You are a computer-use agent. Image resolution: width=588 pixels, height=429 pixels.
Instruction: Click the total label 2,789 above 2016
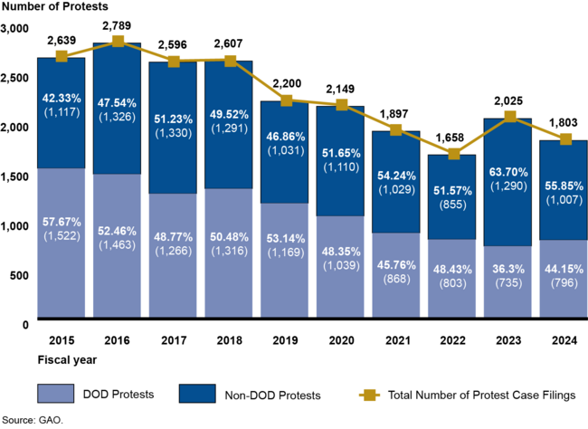[x=118, y=25]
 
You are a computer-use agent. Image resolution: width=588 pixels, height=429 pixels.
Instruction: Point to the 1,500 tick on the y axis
[x=16, y=176]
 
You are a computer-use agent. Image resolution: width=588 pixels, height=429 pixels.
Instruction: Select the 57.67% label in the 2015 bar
[x=61, y=221]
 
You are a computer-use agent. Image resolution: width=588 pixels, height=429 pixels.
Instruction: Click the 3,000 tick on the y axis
[x=16, y=29]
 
